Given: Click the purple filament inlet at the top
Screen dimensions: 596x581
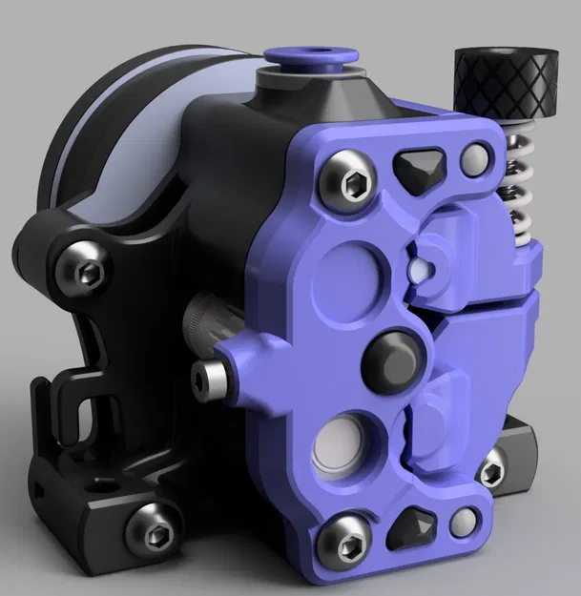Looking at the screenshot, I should [x=306, y=60].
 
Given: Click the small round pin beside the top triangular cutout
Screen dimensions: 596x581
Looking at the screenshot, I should [x=472, y=159].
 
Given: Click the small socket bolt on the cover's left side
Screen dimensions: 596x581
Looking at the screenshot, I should [x=208, y=377].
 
